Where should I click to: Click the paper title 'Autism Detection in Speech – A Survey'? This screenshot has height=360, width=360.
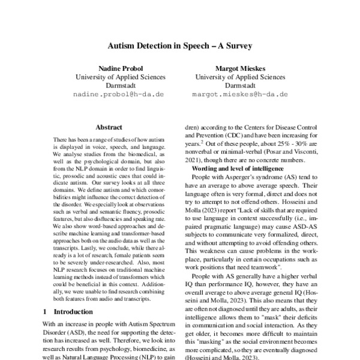pos(179,45)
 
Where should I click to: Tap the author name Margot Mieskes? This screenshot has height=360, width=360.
pos(240,68)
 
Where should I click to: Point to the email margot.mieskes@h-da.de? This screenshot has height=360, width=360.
pos(240,94)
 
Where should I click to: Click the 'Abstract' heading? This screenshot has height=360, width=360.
pos(108,127)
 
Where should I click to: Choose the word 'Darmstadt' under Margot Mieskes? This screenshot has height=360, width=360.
pos(240,86)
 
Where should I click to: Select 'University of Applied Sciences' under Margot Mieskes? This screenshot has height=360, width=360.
pos(240,77)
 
